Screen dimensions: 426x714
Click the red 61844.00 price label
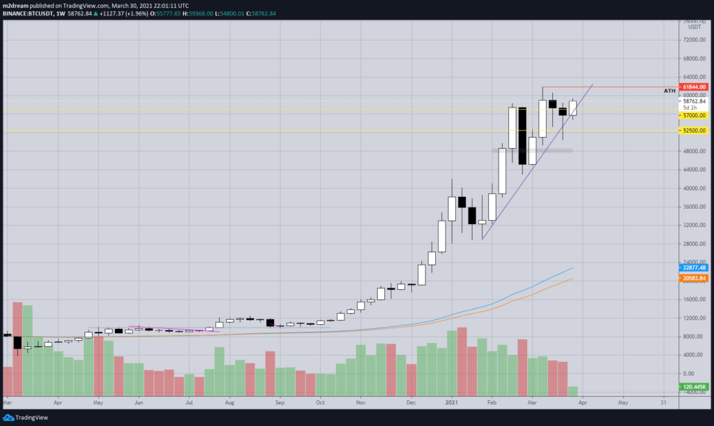694,87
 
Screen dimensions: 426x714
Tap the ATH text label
669,91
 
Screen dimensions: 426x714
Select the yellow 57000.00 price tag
694,115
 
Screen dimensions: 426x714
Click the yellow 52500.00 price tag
694,131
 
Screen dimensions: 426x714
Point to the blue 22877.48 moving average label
694,267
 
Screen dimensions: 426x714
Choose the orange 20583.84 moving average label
694,278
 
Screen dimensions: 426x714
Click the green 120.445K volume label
694,386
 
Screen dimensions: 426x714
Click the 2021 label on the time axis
451,403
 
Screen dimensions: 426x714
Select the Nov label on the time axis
360,403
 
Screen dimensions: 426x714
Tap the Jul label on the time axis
189,403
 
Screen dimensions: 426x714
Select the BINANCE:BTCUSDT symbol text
28,13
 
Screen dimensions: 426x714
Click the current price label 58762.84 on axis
694,101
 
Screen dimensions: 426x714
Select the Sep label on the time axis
279,403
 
